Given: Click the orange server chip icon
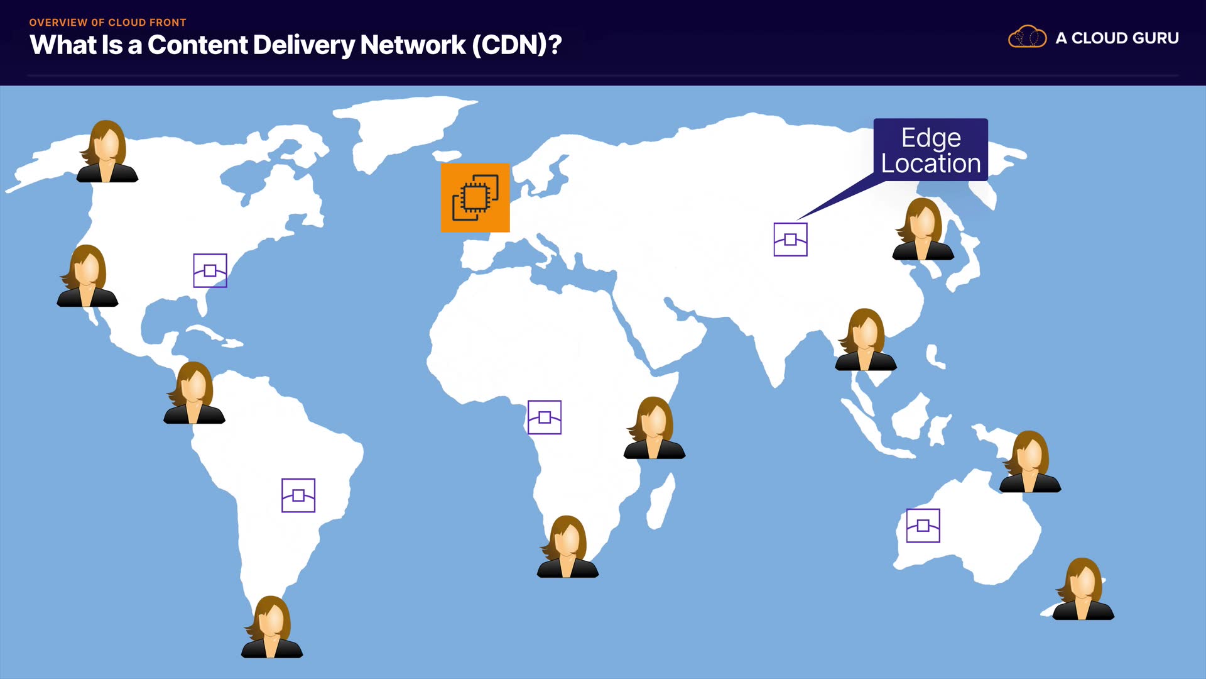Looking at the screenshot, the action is tap(475, 197).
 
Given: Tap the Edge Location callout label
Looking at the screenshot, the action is tap(930, 150).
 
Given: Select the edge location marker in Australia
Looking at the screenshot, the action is tap(923, 526).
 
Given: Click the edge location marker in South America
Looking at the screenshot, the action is tap(298, 495).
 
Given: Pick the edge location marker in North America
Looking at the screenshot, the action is tap(210, 270).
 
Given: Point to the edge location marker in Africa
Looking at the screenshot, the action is tap(545, 417).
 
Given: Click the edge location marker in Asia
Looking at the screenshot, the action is tap(790, 240).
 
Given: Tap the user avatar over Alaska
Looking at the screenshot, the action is tap(107, 152).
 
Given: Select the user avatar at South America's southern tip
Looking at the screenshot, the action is tap(272, 627).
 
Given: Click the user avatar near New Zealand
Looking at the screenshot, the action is tap(1084, 589).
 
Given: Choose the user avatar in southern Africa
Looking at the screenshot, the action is tap(568, 546).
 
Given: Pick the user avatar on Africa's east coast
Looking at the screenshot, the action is tap(655, 428).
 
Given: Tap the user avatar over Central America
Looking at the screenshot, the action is tap(194, 392).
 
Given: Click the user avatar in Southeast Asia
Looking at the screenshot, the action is tap(866, 339).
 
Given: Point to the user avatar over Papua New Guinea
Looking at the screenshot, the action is tap(1030, 461).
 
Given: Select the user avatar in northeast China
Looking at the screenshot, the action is tap(923, 229).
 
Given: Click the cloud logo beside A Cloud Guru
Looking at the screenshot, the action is tap(1028, 37).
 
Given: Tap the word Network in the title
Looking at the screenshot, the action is tap(413, 45).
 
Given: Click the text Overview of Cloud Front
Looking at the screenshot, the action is tap(107, 22).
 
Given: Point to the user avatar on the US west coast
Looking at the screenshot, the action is tap(87, 276).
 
